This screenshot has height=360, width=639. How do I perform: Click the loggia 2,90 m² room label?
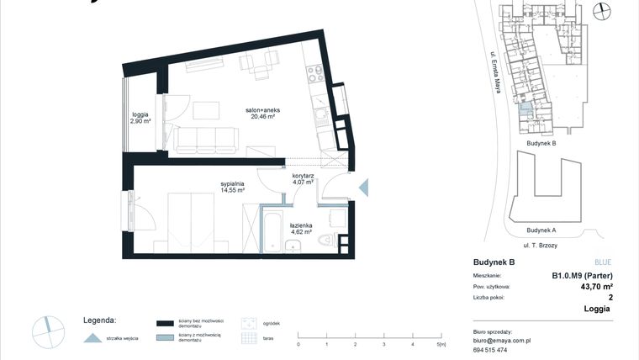[140, 118]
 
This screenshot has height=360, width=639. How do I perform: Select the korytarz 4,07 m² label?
[303, 178]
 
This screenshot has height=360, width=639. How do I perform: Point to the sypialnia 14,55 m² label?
[233, 186]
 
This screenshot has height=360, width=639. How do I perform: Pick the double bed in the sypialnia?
[191, 220]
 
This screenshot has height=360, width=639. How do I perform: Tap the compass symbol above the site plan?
[600, 10]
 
